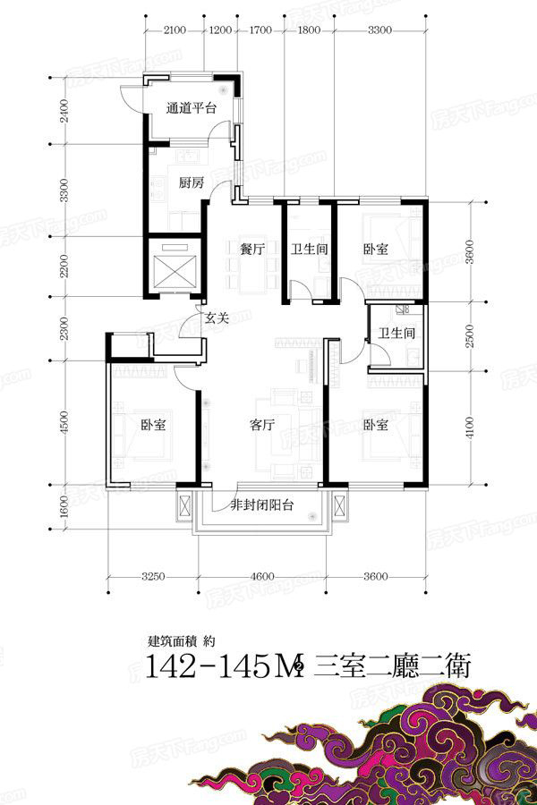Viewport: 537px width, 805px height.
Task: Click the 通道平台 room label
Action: click(192, 108)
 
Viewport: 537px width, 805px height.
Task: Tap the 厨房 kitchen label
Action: click(192, 182)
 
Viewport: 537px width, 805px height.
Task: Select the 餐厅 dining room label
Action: click(252, 250)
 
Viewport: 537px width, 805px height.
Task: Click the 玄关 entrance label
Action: click(217, 318)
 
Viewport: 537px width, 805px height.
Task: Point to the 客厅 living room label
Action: click(262, 425)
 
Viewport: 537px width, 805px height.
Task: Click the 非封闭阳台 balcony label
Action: click(262, 505)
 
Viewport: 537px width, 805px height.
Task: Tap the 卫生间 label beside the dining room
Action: click(310, 250)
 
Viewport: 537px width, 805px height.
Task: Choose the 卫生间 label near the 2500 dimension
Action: click(396, 333)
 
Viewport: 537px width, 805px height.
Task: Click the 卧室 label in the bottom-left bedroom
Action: click(154, 425)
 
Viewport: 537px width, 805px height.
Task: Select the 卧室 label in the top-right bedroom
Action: click(376, 250)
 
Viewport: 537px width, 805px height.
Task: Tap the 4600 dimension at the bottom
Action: click(262, 577)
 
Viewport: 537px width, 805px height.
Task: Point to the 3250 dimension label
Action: click(153, 577)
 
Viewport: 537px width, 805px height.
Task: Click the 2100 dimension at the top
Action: click(175, 30)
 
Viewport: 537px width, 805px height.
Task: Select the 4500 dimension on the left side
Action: click(64, 422)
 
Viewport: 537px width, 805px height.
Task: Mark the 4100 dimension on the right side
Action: click(470, 428)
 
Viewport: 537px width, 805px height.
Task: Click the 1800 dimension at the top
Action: click(310, 30)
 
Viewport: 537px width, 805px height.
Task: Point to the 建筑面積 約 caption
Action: click(181, 641)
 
